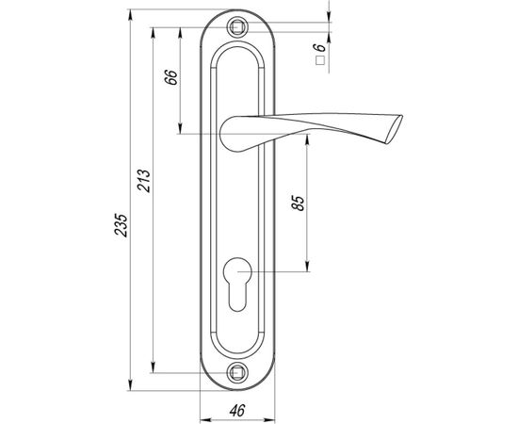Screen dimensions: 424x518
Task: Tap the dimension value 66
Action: (x=170, y=77)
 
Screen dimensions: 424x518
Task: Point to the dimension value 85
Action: (x=299, y=204)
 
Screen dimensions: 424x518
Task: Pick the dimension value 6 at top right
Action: (x=320, y=44)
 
